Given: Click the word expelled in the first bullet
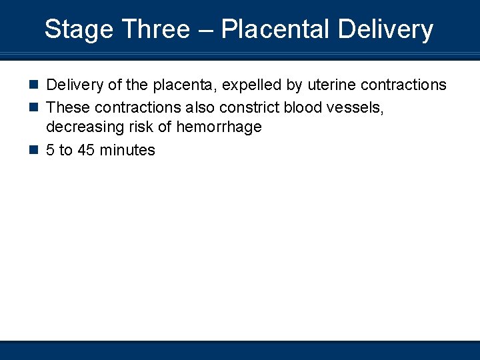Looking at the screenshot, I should coord(252,85).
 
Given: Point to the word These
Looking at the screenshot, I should coord(67,107).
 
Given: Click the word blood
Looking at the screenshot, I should coord(303,107).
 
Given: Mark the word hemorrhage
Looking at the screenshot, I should coord(219,127).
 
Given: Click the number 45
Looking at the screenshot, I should coord(87,150).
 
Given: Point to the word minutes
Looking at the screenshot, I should coord(127,150).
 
